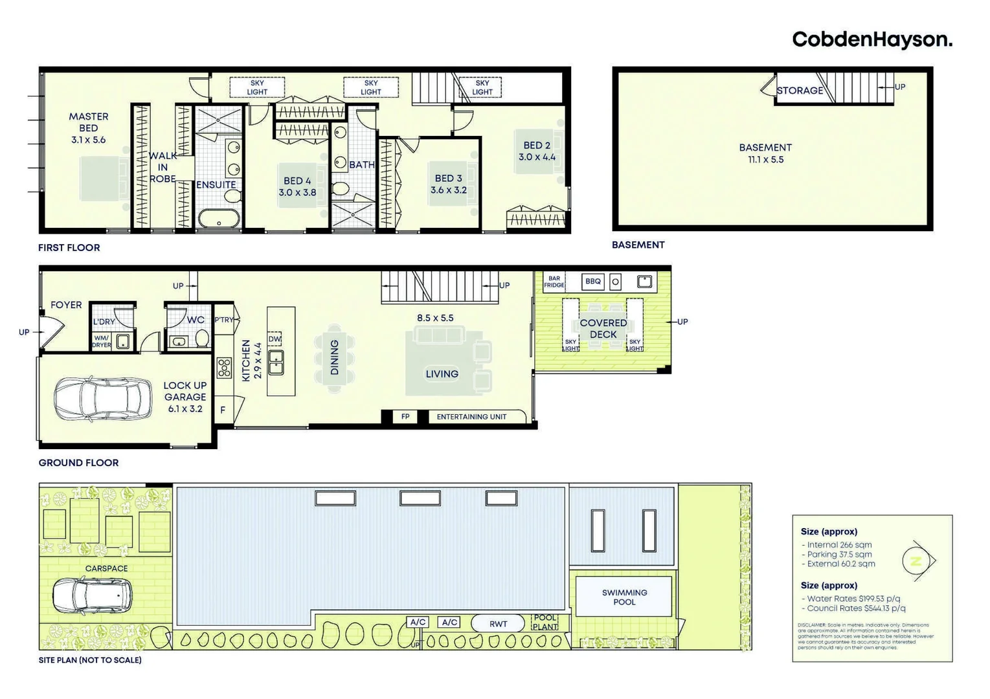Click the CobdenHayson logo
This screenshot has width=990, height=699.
(872, 40)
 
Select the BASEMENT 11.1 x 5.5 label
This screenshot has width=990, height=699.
(765, 153)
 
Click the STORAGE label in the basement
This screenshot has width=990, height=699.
(800, 91)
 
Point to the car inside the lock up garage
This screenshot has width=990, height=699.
(103, 398)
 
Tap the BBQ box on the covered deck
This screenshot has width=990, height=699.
(592, 282)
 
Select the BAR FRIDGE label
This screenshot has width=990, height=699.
(554, 282)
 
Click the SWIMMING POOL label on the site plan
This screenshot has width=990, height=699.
(624, 597)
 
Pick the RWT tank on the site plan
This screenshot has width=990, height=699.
(498, 624)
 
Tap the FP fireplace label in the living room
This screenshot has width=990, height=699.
(405, 417)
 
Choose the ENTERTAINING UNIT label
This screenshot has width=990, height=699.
(471, 417)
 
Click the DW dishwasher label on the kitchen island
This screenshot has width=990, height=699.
(275, 339)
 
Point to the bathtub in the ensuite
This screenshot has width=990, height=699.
(219, 218)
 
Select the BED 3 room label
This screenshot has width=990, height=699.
(448, 184)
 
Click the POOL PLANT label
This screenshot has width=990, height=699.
(545, 622)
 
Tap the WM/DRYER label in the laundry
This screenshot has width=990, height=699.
(101, 342)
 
